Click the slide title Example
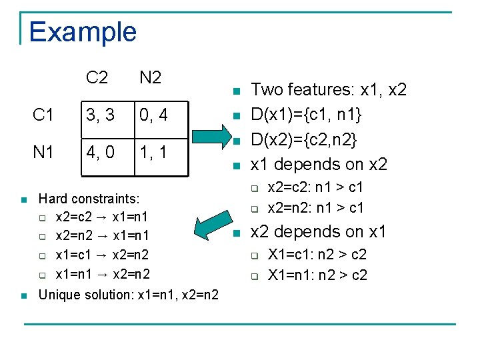(83, 32)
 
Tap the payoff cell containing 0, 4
(153, 115)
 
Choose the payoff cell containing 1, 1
(153, 153)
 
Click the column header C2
(97, 78)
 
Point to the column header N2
(151, 78)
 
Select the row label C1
(43, 115)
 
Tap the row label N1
(43, 153)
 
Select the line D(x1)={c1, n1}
(306, 115)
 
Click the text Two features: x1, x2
(328, 90)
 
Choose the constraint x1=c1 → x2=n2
(102, 255)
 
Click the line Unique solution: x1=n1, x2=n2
(128, 293)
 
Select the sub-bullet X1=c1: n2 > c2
(317, 255)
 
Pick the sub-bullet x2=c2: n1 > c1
(315, 189)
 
